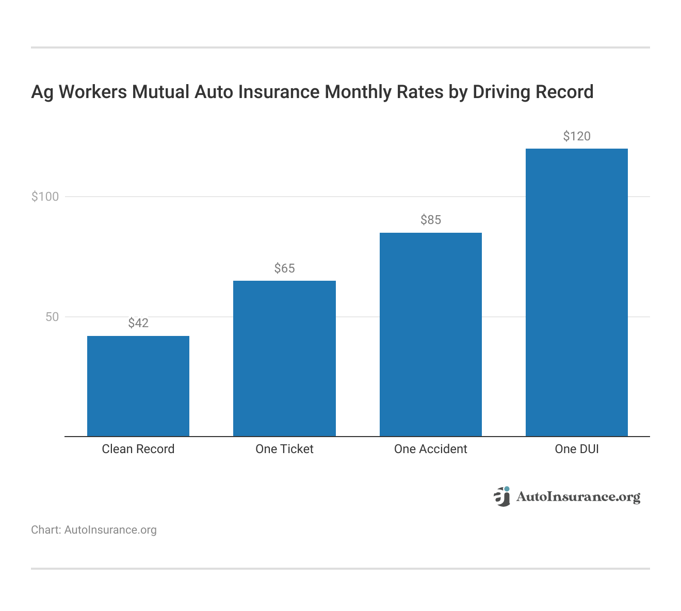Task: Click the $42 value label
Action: pos(138,323)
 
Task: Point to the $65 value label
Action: pos(284,268)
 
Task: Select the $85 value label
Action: pos(430,220)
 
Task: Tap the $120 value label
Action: pos(576,136)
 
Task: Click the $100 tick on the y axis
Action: pos(45,197)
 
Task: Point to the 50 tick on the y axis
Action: pos(52,317)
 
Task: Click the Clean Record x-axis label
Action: pos(138,449)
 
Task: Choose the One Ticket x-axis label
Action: pos(284,449)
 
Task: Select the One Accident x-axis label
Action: pos(430,449)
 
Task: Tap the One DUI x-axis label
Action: pos(576,449)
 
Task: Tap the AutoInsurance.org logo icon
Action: pos(502,496)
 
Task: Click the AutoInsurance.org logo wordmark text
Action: pos(578,497)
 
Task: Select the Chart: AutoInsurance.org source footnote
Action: pos(94,530)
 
